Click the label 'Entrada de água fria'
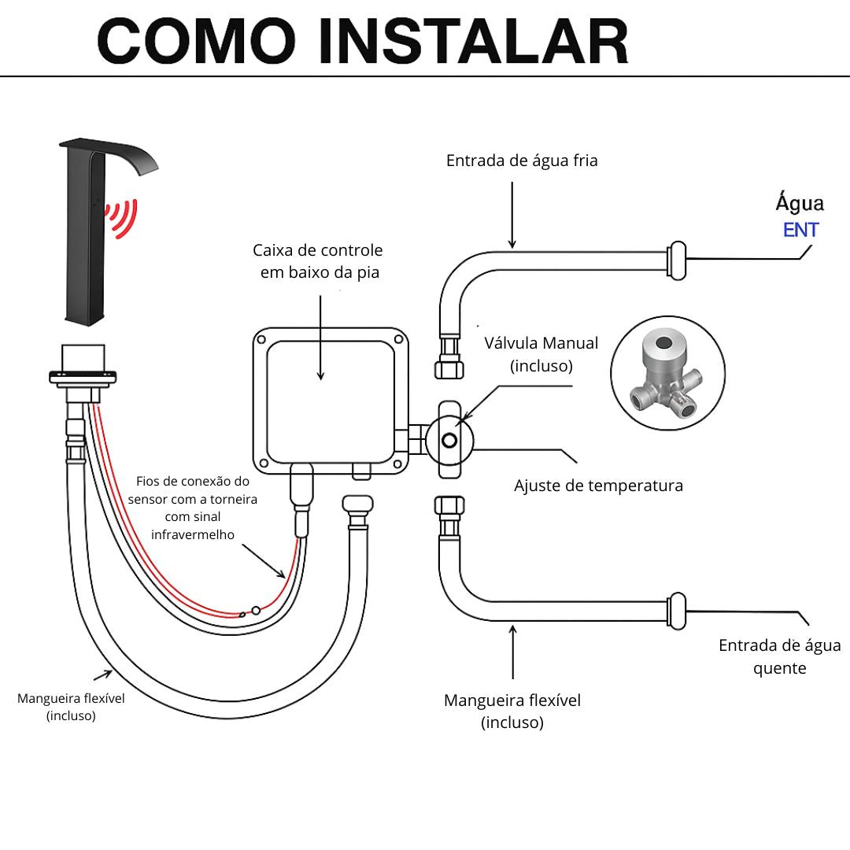pyautogui.click(x=522, y=161)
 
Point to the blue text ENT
pyautogui.click(x=800, y=231)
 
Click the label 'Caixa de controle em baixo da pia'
pyautogui.click(x=318, y=261)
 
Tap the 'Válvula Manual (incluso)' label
pyautogui.click(x=541, y=354)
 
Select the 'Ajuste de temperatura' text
pyautogui.click(x=598, y=486)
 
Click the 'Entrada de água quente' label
pyautogui.click(x=779, y=656)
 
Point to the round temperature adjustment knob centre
pyautogui.click(x=450, y=439)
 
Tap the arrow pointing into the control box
pyautogui.click(x=321, y=338)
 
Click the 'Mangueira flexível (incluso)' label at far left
pyautogui.click(x=71, y=706)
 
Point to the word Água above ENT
pyautogui.click(x=800, y=203)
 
